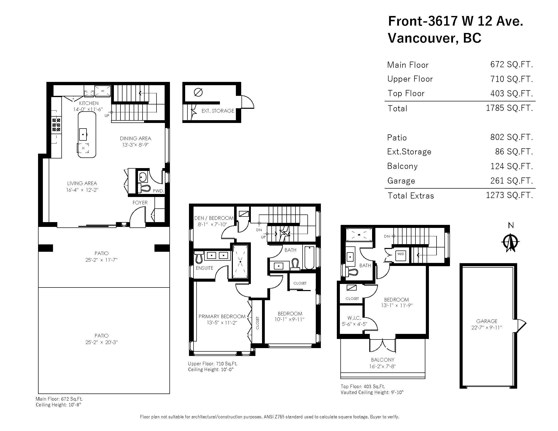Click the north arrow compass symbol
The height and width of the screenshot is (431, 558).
point(511,242)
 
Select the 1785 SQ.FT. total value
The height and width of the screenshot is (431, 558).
point(510,108)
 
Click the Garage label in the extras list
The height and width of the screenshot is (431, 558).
point(401,181)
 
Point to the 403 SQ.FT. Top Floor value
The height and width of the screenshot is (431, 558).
point(512,93)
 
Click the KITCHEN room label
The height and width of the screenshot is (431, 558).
point(89,103)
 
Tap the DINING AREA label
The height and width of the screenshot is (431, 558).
point(135,138)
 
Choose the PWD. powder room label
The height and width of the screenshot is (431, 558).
point(159,191)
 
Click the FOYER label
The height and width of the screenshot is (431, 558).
point(140,203)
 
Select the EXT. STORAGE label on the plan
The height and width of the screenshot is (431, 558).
point(218,111)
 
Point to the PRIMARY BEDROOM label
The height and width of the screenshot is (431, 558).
point(222,316)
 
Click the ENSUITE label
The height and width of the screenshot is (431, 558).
point(204,268)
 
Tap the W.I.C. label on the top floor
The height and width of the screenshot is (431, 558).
point(354,318)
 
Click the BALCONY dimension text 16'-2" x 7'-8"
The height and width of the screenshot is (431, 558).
point(382,366)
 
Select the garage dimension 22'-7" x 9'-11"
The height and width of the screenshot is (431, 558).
point(487,328)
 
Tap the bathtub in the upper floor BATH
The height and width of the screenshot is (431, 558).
point(309,257)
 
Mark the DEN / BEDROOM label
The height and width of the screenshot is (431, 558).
point(214,218)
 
